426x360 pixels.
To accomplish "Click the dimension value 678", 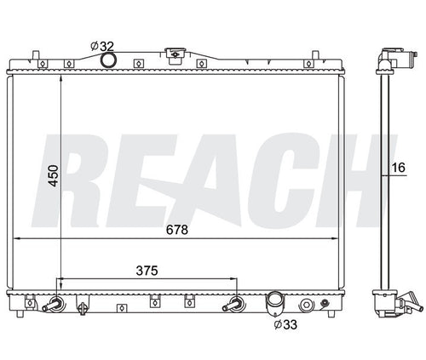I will click(x=176, y=230).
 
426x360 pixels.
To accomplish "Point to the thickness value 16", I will click(x=397, y=167).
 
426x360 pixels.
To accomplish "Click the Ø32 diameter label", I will click(x=101, y=44).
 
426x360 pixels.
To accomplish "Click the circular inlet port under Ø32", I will click(x=108, y=60).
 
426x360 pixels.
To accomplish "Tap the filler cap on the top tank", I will click(x=176, y=56).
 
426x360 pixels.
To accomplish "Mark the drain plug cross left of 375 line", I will click(x=83, y=302).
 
